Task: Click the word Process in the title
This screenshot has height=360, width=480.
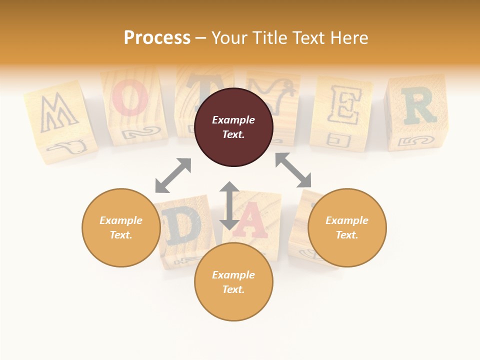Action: tap(157, 37)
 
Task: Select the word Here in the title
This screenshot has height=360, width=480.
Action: tap(349, 37)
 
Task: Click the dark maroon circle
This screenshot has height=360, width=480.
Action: tap(233, 127)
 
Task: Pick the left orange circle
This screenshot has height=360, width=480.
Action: tap(121, 227)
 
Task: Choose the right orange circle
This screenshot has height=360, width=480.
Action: tap(347, 227)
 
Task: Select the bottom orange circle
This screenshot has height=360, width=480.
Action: tap(233, 282)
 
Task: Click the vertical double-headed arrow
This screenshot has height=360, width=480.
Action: tap(229, 205)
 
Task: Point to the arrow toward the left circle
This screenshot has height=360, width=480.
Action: tap(173, 175)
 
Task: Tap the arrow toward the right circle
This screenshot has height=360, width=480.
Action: tap(293, 170)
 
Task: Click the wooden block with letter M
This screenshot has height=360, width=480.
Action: tap(59, 120)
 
